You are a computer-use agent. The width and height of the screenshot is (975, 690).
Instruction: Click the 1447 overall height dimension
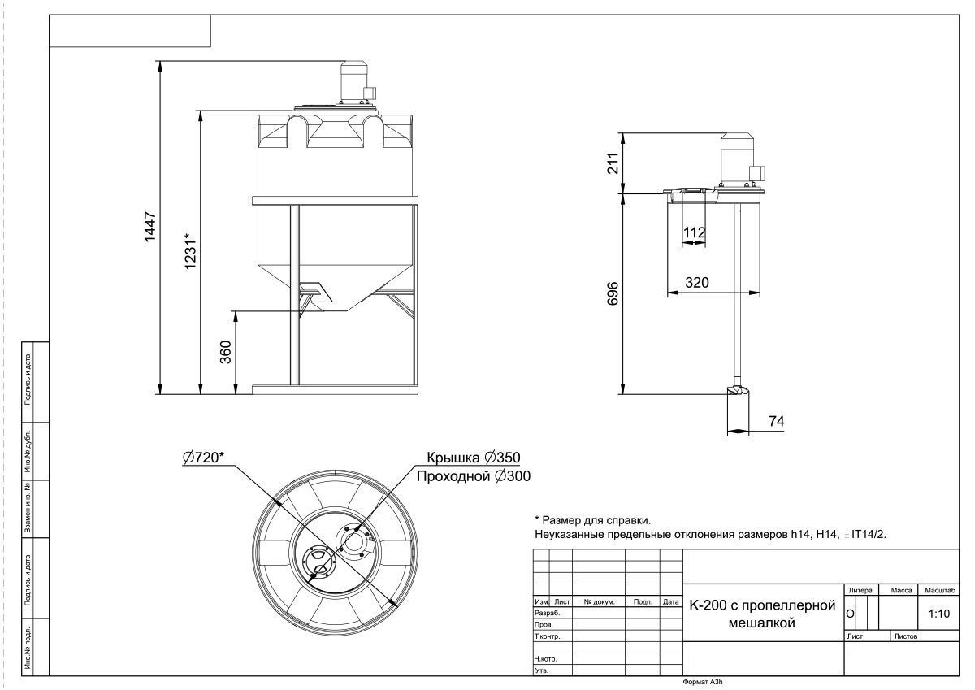[x=150, y=227]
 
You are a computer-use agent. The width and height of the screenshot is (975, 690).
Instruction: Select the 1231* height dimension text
[x=190, y=251]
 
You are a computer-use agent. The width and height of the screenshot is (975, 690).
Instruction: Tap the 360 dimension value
[x=226, y=352]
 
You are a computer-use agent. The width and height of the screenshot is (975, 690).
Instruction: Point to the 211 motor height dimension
[x=613, y=163]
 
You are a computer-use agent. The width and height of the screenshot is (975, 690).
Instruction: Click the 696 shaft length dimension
[x=613, y=293]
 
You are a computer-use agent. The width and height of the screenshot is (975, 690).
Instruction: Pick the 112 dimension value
[x=694, y=232]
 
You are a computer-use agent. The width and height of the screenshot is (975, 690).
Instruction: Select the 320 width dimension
[x=697, y=283]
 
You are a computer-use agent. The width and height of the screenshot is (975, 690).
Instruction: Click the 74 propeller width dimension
[x=777, y=421]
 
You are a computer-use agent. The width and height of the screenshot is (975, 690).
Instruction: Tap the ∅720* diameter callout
[x=204, y=457]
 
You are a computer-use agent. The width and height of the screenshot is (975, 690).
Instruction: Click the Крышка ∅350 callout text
[x=474, y=458]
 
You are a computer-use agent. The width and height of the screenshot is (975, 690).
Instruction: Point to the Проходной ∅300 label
[x=474, y=476]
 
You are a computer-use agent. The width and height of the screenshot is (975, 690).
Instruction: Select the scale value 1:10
[x=939, y=614]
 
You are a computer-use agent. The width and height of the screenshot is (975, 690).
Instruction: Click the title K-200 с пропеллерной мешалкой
[x=762, y=614]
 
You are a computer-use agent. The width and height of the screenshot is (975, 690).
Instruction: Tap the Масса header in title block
[x=901, y=590]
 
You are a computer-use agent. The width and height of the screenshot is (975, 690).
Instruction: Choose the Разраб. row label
[x=547, y=613]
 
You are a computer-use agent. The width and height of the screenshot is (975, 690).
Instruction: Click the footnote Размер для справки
[x=592, y=520]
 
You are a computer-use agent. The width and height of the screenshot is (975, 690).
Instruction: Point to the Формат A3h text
[x=703, y=682]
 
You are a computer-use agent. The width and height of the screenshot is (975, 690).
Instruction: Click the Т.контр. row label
[x=547, y=636]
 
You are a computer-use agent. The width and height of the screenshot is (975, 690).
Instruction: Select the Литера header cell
[x=860, y=590]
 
